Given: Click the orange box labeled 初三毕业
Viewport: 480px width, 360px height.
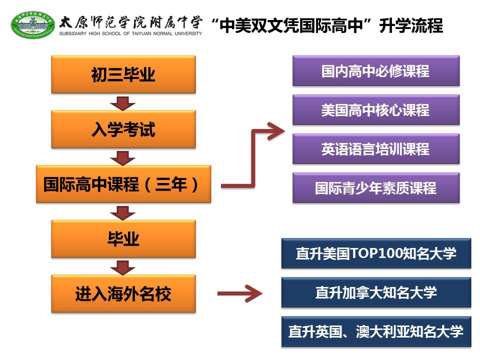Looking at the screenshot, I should coord(123,74).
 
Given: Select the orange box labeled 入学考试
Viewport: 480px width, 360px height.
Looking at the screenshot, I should coord(123,129).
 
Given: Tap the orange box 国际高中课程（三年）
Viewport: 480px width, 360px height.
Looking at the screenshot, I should coord(123,184).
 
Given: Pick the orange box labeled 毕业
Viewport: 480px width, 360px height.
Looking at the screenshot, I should coord(123,239).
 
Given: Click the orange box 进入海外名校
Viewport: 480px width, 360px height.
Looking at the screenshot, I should coord(123,293).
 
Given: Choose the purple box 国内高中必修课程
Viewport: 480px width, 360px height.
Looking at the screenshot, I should coord(375,71).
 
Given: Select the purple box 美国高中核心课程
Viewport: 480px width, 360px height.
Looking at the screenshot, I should coord(375,110).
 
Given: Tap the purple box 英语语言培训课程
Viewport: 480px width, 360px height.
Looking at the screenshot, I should coord(375,149).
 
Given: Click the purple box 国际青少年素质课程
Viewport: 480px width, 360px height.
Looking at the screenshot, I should coord(375,188).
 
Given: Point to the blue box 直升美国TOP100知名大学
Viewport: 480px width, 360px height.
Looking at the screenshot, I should coord(376,253).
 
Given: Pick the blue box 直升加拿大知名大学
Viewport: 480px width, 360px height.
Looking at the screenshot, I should coord(376,292).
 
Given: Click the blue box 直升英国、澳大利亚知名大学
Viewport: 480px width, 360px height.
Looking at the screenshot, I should coord(376,331).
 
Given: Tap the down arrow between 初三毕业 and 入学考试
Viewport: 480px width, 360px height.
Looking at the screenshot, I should coord(123,102).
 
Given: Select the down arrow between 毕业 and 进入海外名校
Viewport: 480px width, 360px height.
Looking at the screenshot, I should coord(123,266).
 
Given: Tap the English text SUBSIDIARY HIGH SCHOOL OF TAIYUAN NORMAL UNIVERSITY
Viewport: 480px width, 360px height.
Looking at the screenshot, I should coord(130,33).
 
